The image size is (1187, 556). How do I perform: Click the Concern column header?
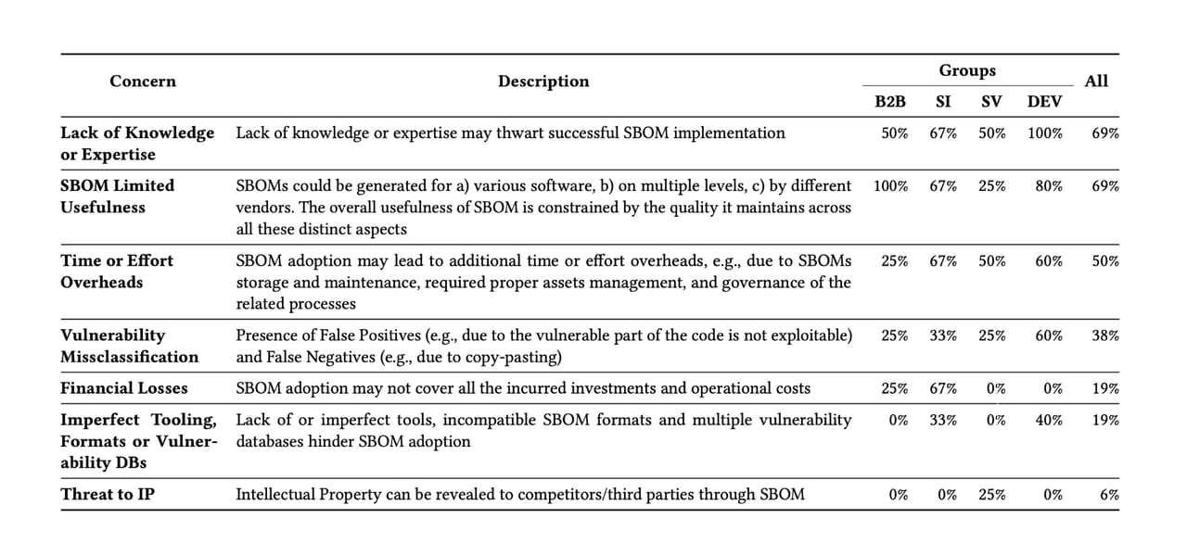click(x=142, y=82)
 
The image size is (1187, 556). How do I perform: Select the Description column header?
click(x=542, y=82)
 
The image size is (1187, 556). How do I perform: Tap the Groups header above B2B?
click(x=967, y=70)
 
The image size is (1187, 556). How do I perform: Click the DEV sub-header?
click(x=1045, y=101)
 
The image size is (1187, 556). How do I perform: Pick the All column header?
click(x=1096, y=82)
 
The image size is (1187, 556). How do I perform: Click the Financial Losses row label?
click(x=124, y=388)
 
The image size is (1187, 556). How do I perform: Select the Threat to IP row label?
click(x=108, y=494)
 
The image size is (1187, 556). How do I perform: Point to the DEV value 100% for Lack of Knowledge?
click(x=1045, y=133)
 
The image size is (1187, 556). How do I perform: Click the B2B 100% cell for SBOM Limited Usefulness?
click(x=890, y=185)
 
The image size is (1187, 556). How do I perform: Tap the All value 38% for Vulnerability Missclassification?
click(x=1105, y=335)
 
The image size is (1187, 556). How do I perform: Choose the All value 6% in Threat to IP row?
click(x=1109, y=494)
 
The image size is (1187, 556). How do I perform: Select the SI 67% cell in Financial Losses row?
click(x=943, y=388)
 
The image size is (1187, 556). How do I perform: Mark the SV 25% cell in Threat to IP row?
click(x=991, y=494)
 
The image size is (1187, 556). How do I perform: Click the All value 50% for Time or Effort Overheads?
click(x=1105, y=260)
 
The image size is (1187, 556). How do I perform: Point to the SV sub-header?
click(x=991, y=101)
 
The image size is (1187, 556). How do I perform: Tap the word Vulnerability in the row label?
click(x=112, y=335)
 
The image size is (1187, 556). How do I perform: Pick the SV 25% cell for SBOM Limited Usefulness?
click(x=991, y=185)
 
